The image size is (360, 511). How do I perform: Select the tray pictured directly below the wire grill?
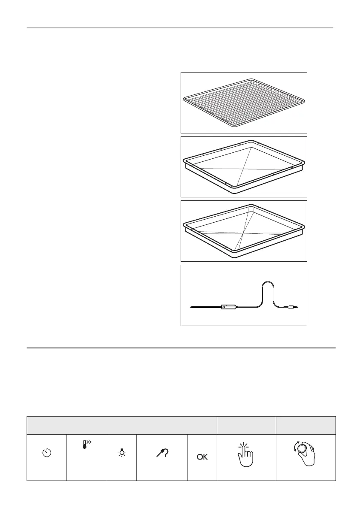click(244, 166)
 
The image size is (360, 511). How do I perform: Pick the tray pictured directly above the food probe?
click(244, 231)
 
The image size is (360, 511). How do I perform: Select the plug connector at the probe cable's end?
click(291, 307)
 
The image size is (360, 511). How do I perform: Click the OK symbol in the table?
click(202, 457)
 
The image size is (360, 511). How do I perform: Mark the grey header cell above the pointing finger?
click(246, 425)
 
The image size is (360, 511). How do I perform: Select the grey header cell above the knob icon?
click(306, 425)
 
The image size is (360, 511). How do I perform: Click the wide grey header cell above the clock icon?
click(121, 425)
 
